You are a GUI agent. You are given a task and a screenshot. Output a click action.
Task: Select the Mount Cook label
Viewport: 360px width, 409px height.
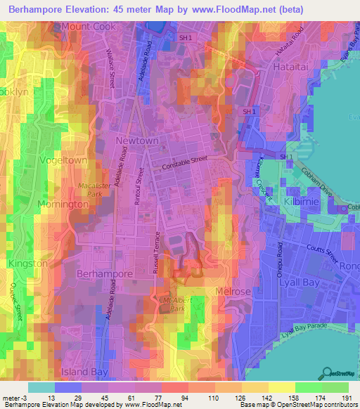(89, 26)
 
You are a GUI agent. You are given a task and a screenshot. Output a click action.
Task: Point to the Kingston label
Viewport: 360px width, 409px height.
(27, 264)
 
